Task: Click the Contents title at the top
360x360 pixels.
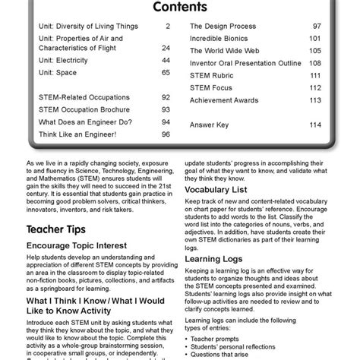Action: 180,8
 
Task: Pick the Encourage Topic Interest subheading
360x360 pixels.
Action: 80,247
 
